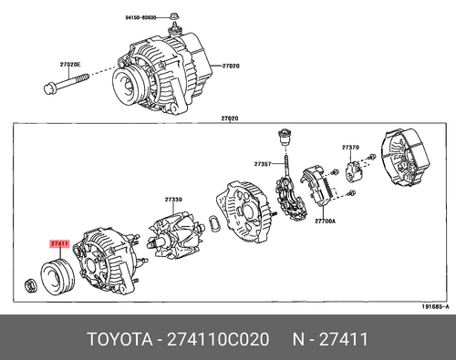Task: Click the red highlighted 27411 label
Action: click(x=59, y=244)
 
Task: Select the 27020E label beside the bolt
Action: click(x=70, y=65)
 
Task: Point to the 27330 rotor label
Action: click(x=173, y=200)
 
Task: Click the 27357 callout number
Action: click(x=264, y=165)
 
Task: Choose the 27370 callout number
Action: click(x=351, y=147)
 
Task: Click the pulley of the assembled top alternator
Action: click(x=129, y=87)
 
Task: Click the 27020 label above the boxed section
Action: click(x=229, y=118)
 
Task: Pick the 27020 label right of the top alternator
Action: click(x=231, y=67)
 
